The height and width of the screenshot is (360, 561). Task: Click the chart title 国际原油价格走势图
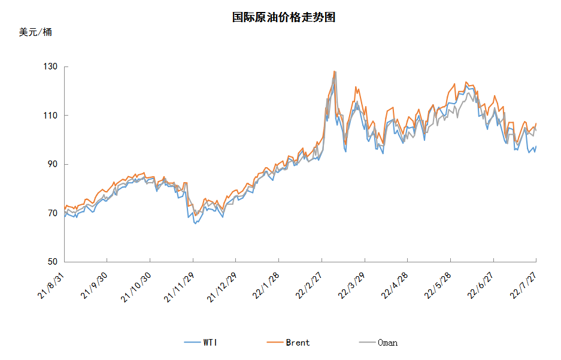(283, 17)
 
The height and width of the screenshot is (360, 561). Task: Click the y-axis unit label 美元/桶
(35, 32)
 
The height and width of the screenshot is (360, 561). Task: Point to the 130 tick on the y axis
(50, 66)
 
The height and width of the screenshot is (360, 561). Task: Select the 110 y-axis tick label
(50, 116)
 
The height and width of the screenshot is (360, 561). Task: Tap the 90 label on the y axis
(53, 164)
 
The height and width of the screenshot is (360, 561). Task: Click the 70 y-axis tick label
(53, 213)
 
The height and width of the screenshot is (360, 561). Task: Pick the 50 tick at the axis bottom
(53, 262)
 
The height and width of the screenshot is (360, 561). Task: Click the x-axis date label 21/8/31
(50, 286)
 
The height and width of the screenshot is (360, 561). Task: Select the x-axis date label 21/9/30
(94, 286)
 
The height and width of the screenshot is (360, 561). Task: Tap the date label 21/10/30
(135, 288)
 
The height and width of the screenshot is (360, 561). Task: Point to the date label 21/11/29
(179, 288)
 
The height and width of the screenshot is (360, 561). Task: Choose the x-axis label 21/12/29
(222, 288)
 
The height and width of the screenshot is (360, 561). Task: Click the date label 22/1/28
(266, 286)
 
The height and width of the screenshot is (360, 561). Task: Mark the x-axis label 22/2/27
(309, 286)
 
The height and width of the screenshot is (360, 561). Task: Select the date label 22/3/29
(351, 286)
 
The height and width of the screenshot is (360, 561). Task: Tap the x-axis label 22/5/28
(438, 286)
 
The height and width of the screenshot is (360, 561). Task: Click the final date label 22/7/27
(523, 286)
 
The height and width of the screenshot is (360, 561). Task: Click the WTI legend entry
(201, 343)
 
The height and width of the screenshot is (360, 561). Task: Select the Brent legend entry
(289, 343)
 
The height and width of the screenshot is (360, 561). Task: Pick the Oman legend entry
(378, 343)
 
